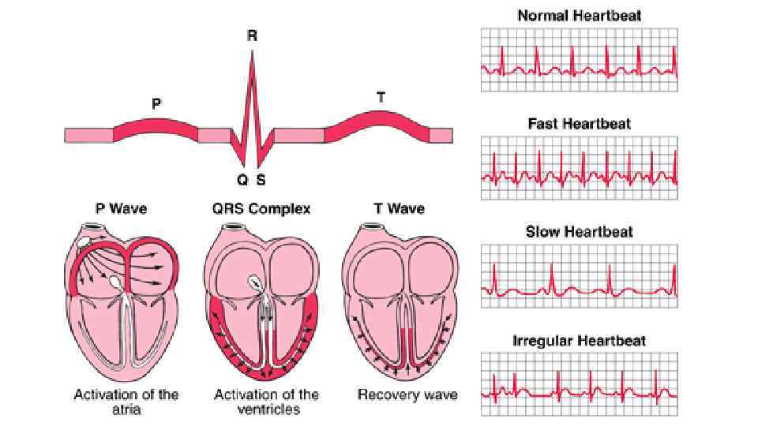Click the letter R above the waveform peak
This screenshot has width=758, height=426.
[252, 35]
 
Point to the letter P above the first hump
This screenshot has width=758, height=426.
[156, 103]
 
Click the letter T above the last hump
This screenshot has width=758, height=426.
[381, 98]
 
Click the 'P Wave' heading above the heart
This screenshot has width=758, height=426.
[120, 209]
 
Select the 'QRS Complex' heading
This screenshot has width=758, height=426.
[261, 209]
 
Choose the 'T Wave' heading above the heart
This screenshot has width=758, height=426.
[399, 209]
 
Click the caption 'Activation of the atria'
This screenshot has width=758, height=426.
[126, 401]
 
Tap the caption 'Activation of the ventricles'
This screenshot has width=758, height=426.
[266, 401]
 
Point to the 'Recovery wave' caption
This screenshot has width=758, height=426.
[407, 394]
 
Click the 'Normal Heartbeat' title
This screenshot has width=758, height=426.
[580, 15]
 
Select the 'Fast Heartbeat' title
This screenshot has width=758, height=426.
[580, 124]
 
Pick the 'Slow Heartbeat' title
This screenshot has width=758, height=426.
[580, 232]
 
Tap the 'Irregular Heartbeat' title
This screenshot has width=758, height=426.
[580, 341]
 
